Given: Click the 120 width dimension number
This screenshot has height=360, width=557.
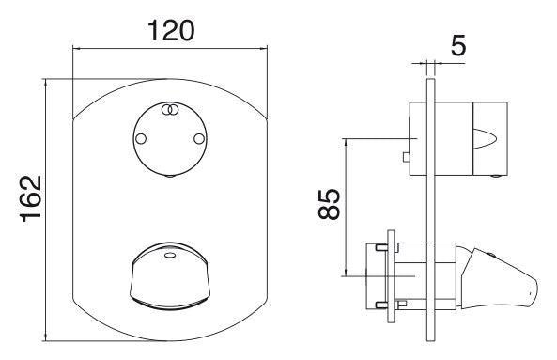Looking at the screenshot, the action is pyautogui.click(x=171, y=31).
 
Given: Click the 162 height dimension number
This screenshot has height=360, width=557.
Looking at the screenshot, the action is pyautogui.click(x=31, y=199).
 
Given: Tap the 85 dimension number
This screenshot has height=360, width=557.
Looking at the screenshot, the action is pyautogui.click(x=330, y=204).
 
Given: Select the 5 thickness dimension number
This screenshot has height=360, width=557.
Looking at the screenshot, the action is pyautogui.click(x=458, y=45).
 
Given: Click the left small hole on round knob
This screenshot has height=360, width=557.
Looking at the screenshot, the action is pyautogui.click(x=141, y=139).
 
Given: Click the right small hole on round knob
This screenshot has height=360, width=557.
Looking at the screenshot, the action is pyautogui.click(x=199, y=139).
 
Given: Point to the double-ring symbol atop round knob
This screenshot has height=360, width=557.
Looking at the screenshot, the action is pyautogui.click(x=170, y=110).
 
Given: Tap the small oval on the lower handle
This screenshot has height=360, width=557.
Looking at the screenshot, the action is pyautogui.click(x=170, y=255).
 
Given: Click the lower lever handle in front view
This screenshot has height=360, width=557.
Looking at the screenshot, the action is pyautogui.click(x=170, y=276).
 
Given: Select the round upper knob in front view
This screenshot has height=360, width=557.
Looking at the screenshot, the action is pyautogui.click(x=170, y=139).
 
